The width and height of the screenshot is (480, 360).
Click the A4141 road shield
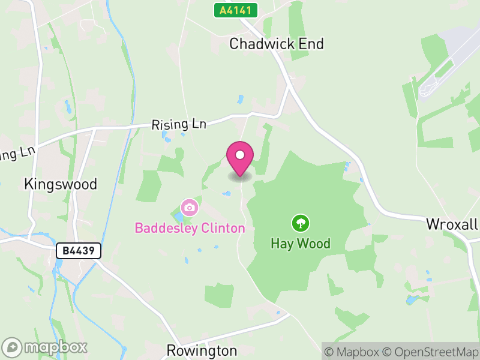coord(236,10)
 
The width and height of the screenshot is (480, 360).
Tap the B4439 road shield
coord(79,251)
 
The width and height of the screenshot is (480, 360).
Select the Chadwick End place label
coord(277,44)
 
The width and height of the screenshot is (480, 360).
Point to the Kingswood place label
coord(60,184)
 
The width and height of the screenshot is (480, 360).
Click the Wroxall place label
coord(452,224)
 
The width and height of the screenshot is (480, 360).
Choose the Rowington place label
coord(202,350)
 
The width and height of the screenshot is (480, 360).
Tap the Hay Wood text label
coord(300,244)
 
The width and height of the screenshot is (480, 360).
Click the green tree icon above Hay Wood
coord(300,224)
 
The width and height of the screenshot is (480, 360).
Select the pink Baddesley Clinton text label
coord(190,228)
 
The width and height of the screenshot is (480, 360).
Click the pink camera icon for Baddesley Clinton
coord(190,208)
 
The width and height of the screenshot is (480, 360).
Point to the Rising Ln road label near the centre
coord(179,124)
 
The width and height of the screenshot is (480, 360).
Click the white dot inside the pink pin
coord(240,155)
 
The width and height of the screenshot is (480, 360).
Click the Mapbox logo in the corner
coord(45,347)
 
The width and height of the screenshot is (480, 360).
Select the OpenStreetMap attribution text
coord(429,352)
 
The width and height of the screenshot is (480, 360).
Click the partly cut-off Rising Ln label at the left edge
coord(17,154)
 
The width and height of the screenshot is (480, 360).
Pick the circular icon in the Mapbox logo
coord(12,347)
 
